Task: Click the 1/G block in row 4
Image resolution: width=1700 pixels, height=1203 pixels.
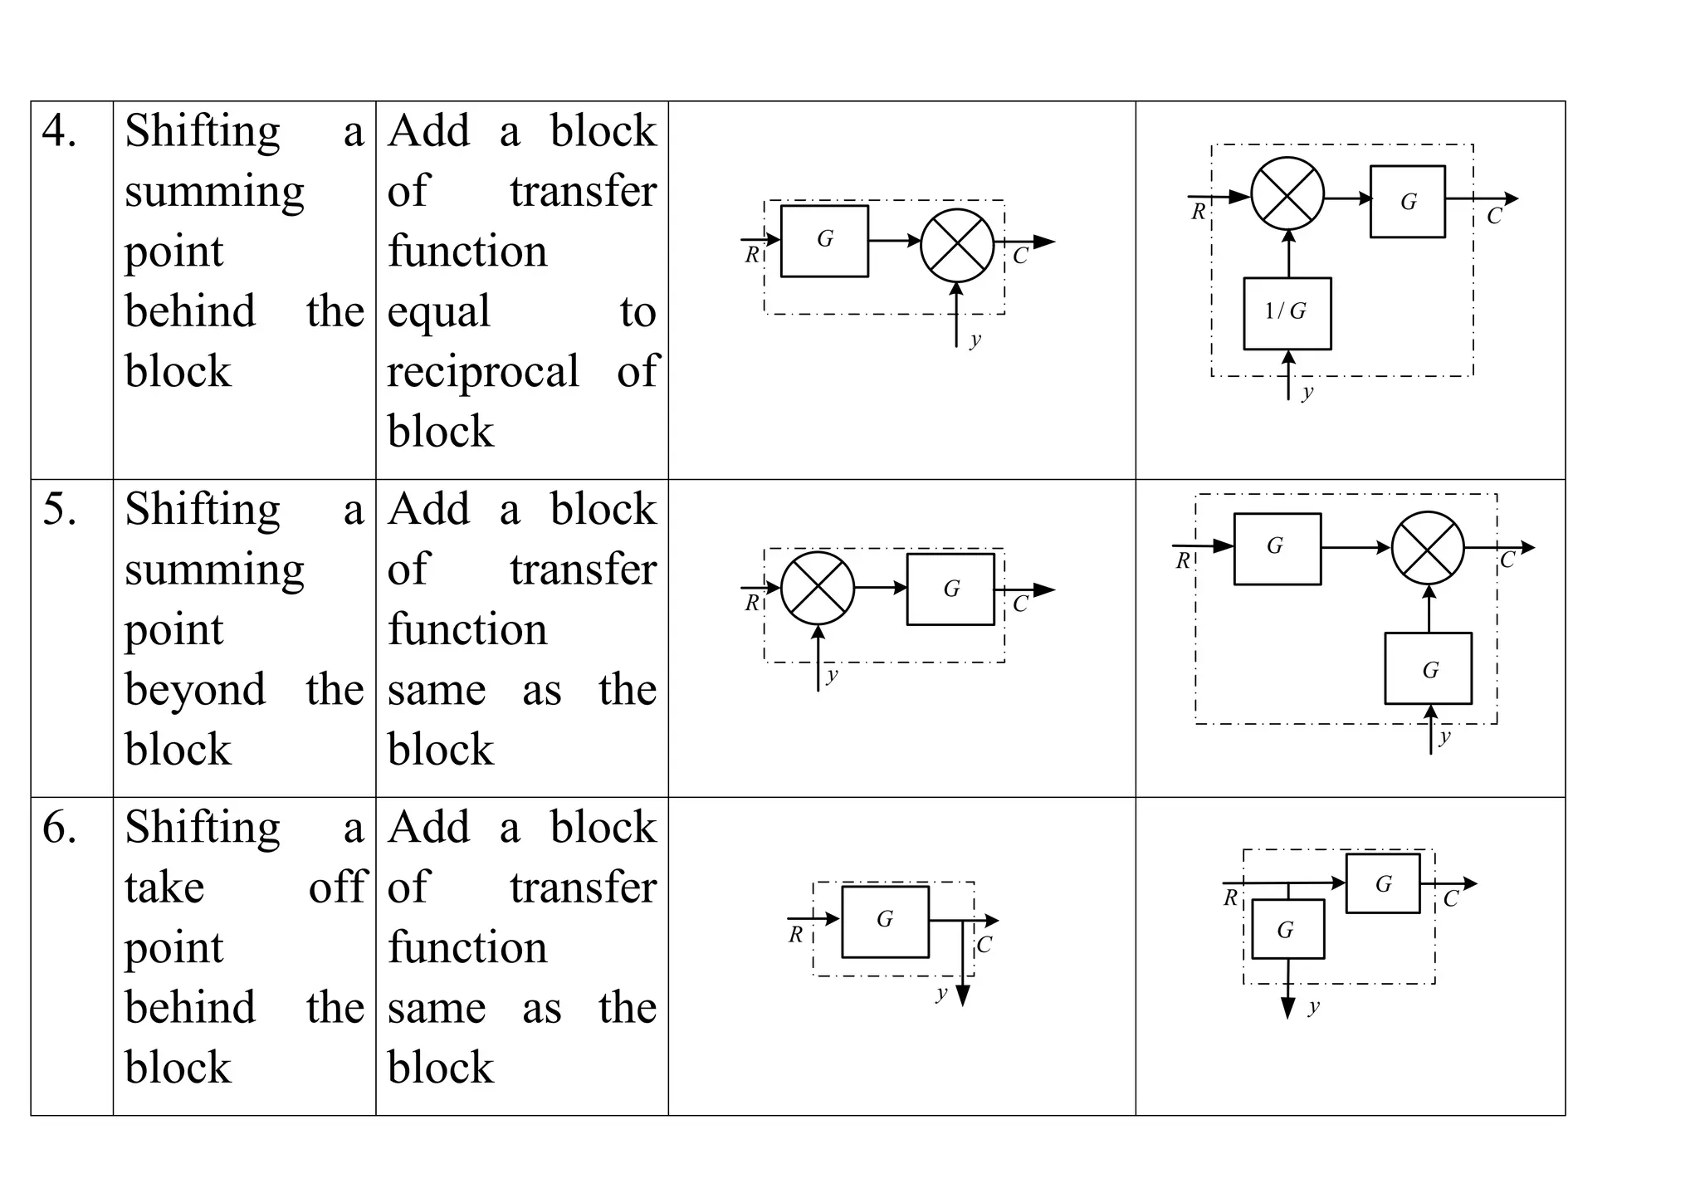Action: (1287, 313)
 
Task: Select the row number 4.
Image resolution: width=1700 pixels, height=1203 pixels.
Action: (59, 132)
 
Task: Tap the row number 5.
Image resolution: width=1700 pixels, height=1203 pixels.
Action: (59, 510)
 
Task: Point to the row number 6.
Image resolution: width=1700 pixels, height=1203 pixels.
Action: (59, 828)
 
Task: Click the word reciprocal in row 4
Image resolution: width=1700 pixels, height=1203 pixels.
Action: (483, 372)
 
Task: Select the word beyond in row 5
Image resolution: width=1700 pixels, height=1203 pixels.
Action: (195, 690)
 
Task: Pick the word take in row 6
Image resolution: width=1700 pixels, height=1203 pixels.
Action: (164, 888)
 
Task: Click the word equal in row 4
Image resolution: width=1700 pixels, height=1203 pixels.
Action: (438, 312)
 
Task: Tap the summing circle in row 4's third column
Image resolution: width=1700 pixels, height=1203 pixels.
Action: (957, 245)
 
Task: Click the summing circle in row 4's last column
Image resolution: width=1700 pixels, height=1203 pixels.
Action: (1287, 193)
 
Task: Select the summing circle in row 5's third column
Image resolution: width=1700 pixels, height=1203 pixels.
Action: (818, 588)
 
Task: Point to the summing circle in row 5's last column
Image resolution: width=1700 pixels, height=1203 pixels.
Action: (1428, 547)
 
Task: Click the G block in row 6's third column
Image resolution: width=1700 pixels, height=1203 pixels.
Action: (885, 922)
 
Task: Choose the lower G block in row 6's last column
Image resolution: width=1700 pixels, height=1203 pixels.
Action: (1287, 929)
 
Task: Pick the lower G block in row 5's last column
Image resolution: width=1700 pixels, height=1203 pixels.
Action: (1428, 668)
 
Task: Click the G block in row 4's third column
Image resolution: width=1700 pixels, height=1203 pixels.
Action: (824, 241)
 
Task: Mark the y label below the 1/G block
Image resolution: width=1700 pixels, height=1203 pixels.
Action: (1307, 392)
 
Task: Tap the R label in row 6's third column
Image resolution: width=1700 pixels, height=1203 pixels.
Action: (796, 935)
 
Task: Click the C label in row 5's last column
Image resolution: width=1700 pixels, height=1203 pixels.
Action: (1507, 560)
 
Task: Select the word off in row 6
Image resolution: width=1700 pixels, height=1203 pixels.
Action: (336, 888)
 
